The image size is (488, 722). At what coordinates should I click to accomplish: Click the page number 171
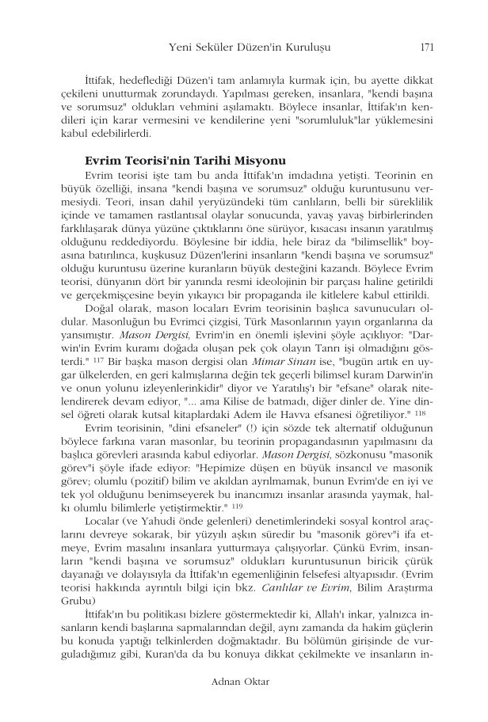click(x=426, y=47)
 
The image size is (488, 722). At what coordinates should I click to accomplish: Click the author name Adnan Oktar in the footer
click(x=244, y=680)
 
